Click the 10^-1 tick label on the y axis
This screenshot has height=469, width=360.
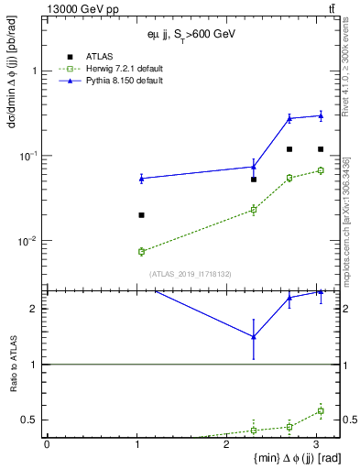(x=29, y=157)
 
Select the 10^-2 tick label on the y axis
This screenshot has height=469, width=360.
(x=29, y=242)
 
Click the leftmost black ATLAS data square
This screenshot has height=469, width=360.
(x=141, y=215)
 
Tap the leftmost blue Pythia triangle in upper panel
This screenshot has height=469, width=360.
(x=141, y=179)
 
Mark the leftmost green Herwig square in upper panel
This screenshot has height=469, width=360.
(x=141, y=251)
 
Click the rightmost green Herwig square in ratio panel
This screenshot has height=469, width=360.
(x=320, y=410)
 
